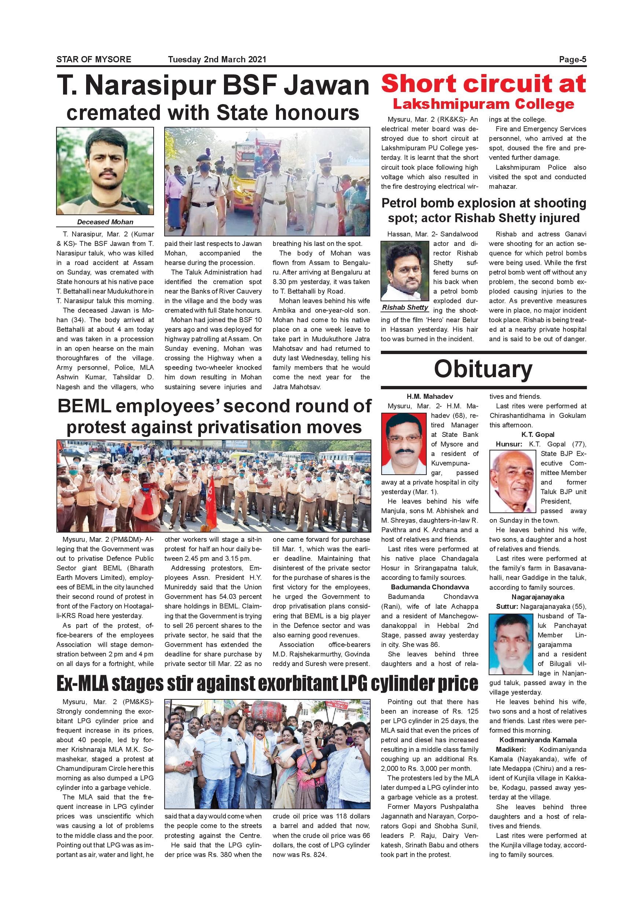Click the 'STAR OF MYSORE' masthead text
pyautogui.click(x=94, y=59)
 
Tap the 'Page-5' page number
pyautogui.click(x=572, y=59)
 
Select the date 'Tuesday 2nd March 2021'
pyautogui.click(x=217, y=59)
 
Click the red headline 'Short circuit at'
pyautogui.click(x=484, y=84)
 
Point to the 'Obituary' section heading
pyautogui.click(x=483, y=369)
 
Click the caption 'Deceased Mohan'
pyautogui.click(x=105, y=222)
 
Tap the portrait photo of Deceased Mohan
pyautogui.click(x=105, y=171)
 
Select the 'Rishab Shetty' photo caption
pyautogui.click(x=405, y=307)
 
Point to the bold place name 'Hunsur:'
pyautogui.click(x=509, y=444)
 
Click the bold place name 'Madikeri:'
pyautogui.click(x=511, y=750)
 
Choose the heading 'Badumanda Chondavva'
pyautogui.click(x=430, y=587)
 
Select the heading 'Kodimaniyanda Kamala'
pyautogui.click(x=538, y=740)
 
